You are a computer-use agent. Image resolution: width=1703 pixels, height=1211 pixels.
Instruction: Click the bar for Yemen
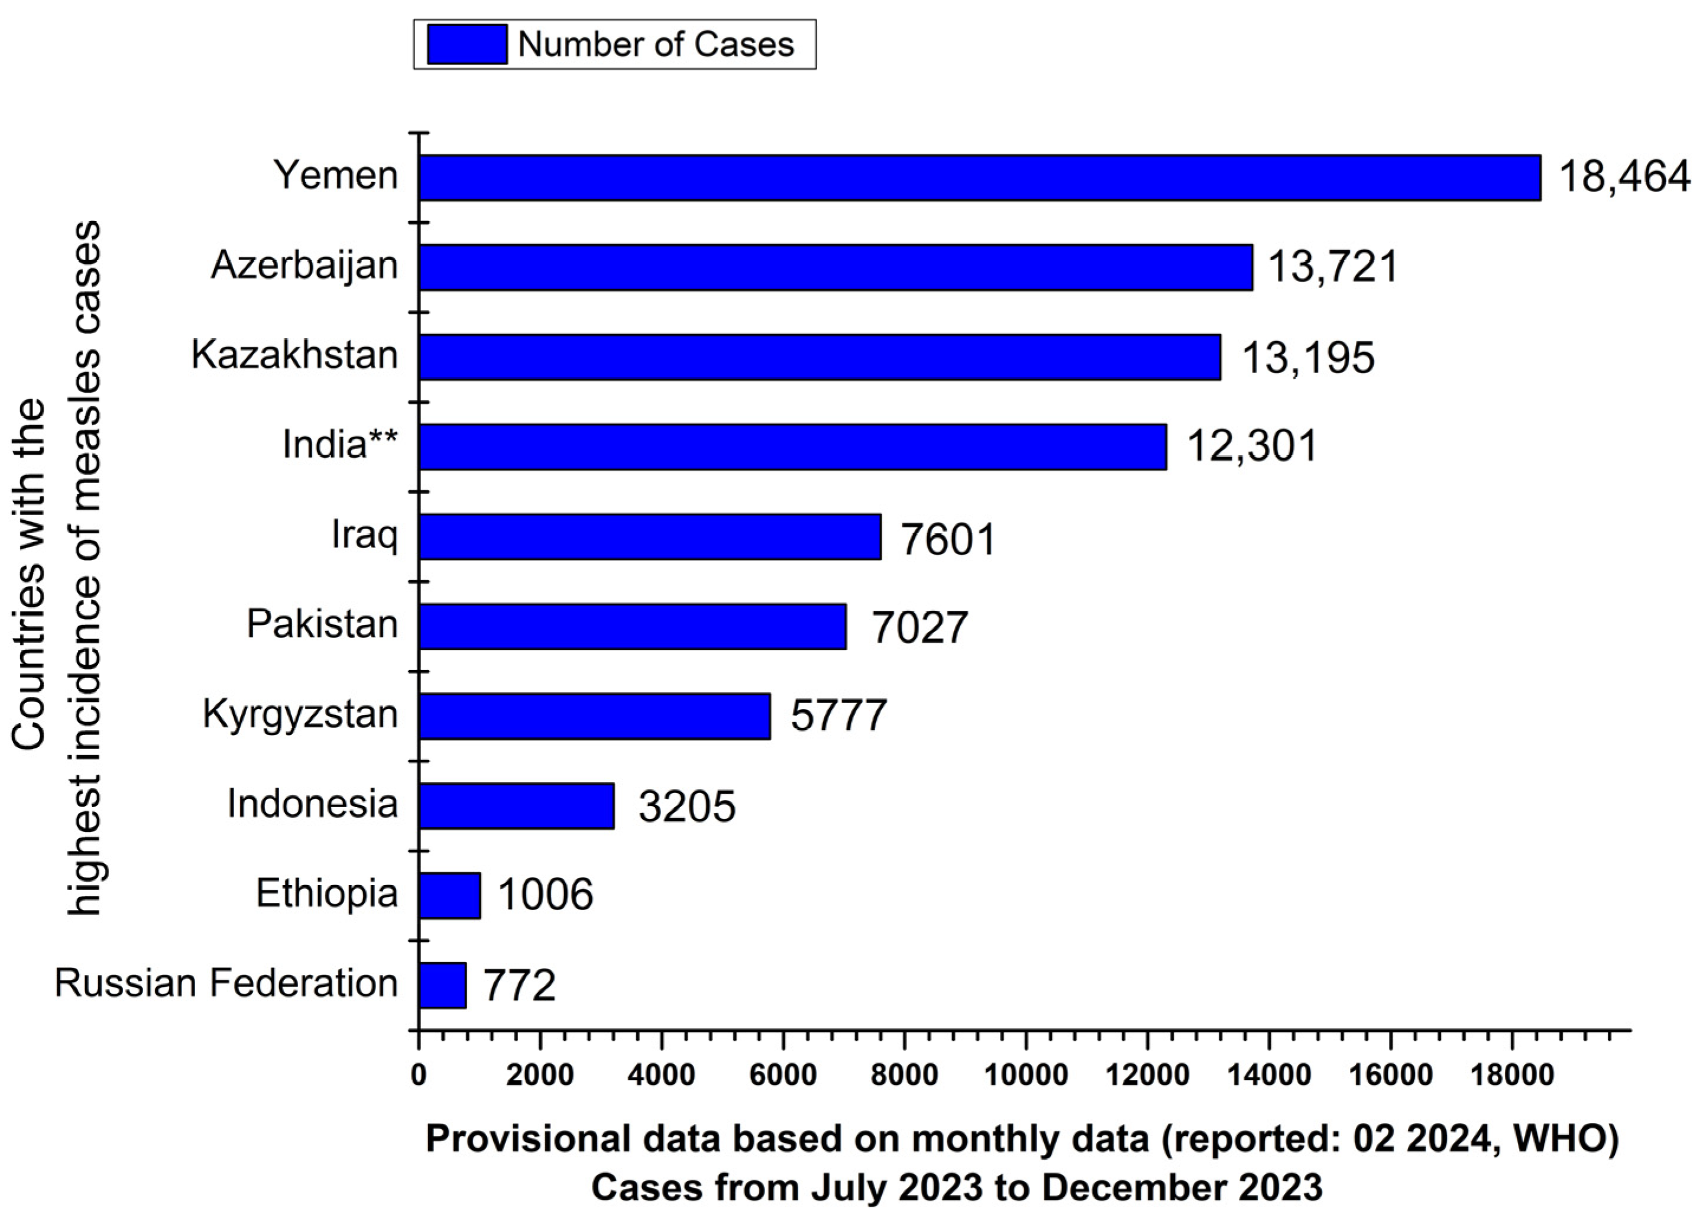[x=979, y=177]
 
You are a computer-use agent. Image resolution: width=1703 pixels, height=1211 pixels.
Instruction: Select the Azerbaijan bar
[x=835, y=267]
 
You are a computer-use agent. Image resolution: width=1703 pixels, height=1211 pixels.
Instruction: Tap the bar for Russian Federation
[x=442, y=985]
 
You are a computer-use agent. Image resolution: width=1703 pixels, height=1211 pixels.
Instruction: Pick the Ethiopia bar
[x=449, y=895]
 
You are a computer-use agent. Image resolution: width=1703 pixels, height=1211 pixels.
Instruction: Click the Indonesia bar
[x=516, y=805]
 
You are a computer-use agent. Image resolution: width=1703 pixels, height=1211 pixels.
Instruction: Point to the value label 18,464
[x=1624, y=177]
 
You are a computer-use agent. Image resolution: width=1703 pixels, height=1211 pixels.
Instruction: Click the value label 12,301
[x=1252, y=446]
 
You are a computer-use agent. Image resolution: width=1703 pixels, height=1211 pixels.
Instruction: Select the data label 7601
[x=948, y=539]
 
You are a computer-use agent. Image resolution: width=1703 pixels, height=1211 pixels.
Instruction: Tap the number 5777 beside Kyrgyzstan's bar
[x=838, y=716]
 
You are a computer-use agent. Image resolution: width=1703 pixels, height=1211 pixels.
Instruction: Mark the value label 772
[x=519, y=985]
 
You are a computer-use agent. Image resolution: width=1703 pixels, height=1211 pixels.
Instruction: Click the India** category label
[x=340, y=445]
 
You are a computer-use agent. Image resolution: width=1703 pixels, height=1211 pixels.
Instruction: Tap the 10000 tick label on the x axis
[x=1025, y=1074]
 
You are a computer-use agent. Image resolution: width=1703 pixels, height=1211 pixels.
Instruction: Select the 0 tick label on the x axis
[x=419, y=1074]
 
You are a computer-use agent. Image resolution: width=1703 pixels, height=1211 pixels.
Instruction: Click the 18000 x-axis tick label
[x=1511, y=1074]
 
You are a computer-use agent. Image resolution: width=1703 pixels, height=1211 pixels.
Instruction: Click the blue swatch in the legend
[x=467, y=45]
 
